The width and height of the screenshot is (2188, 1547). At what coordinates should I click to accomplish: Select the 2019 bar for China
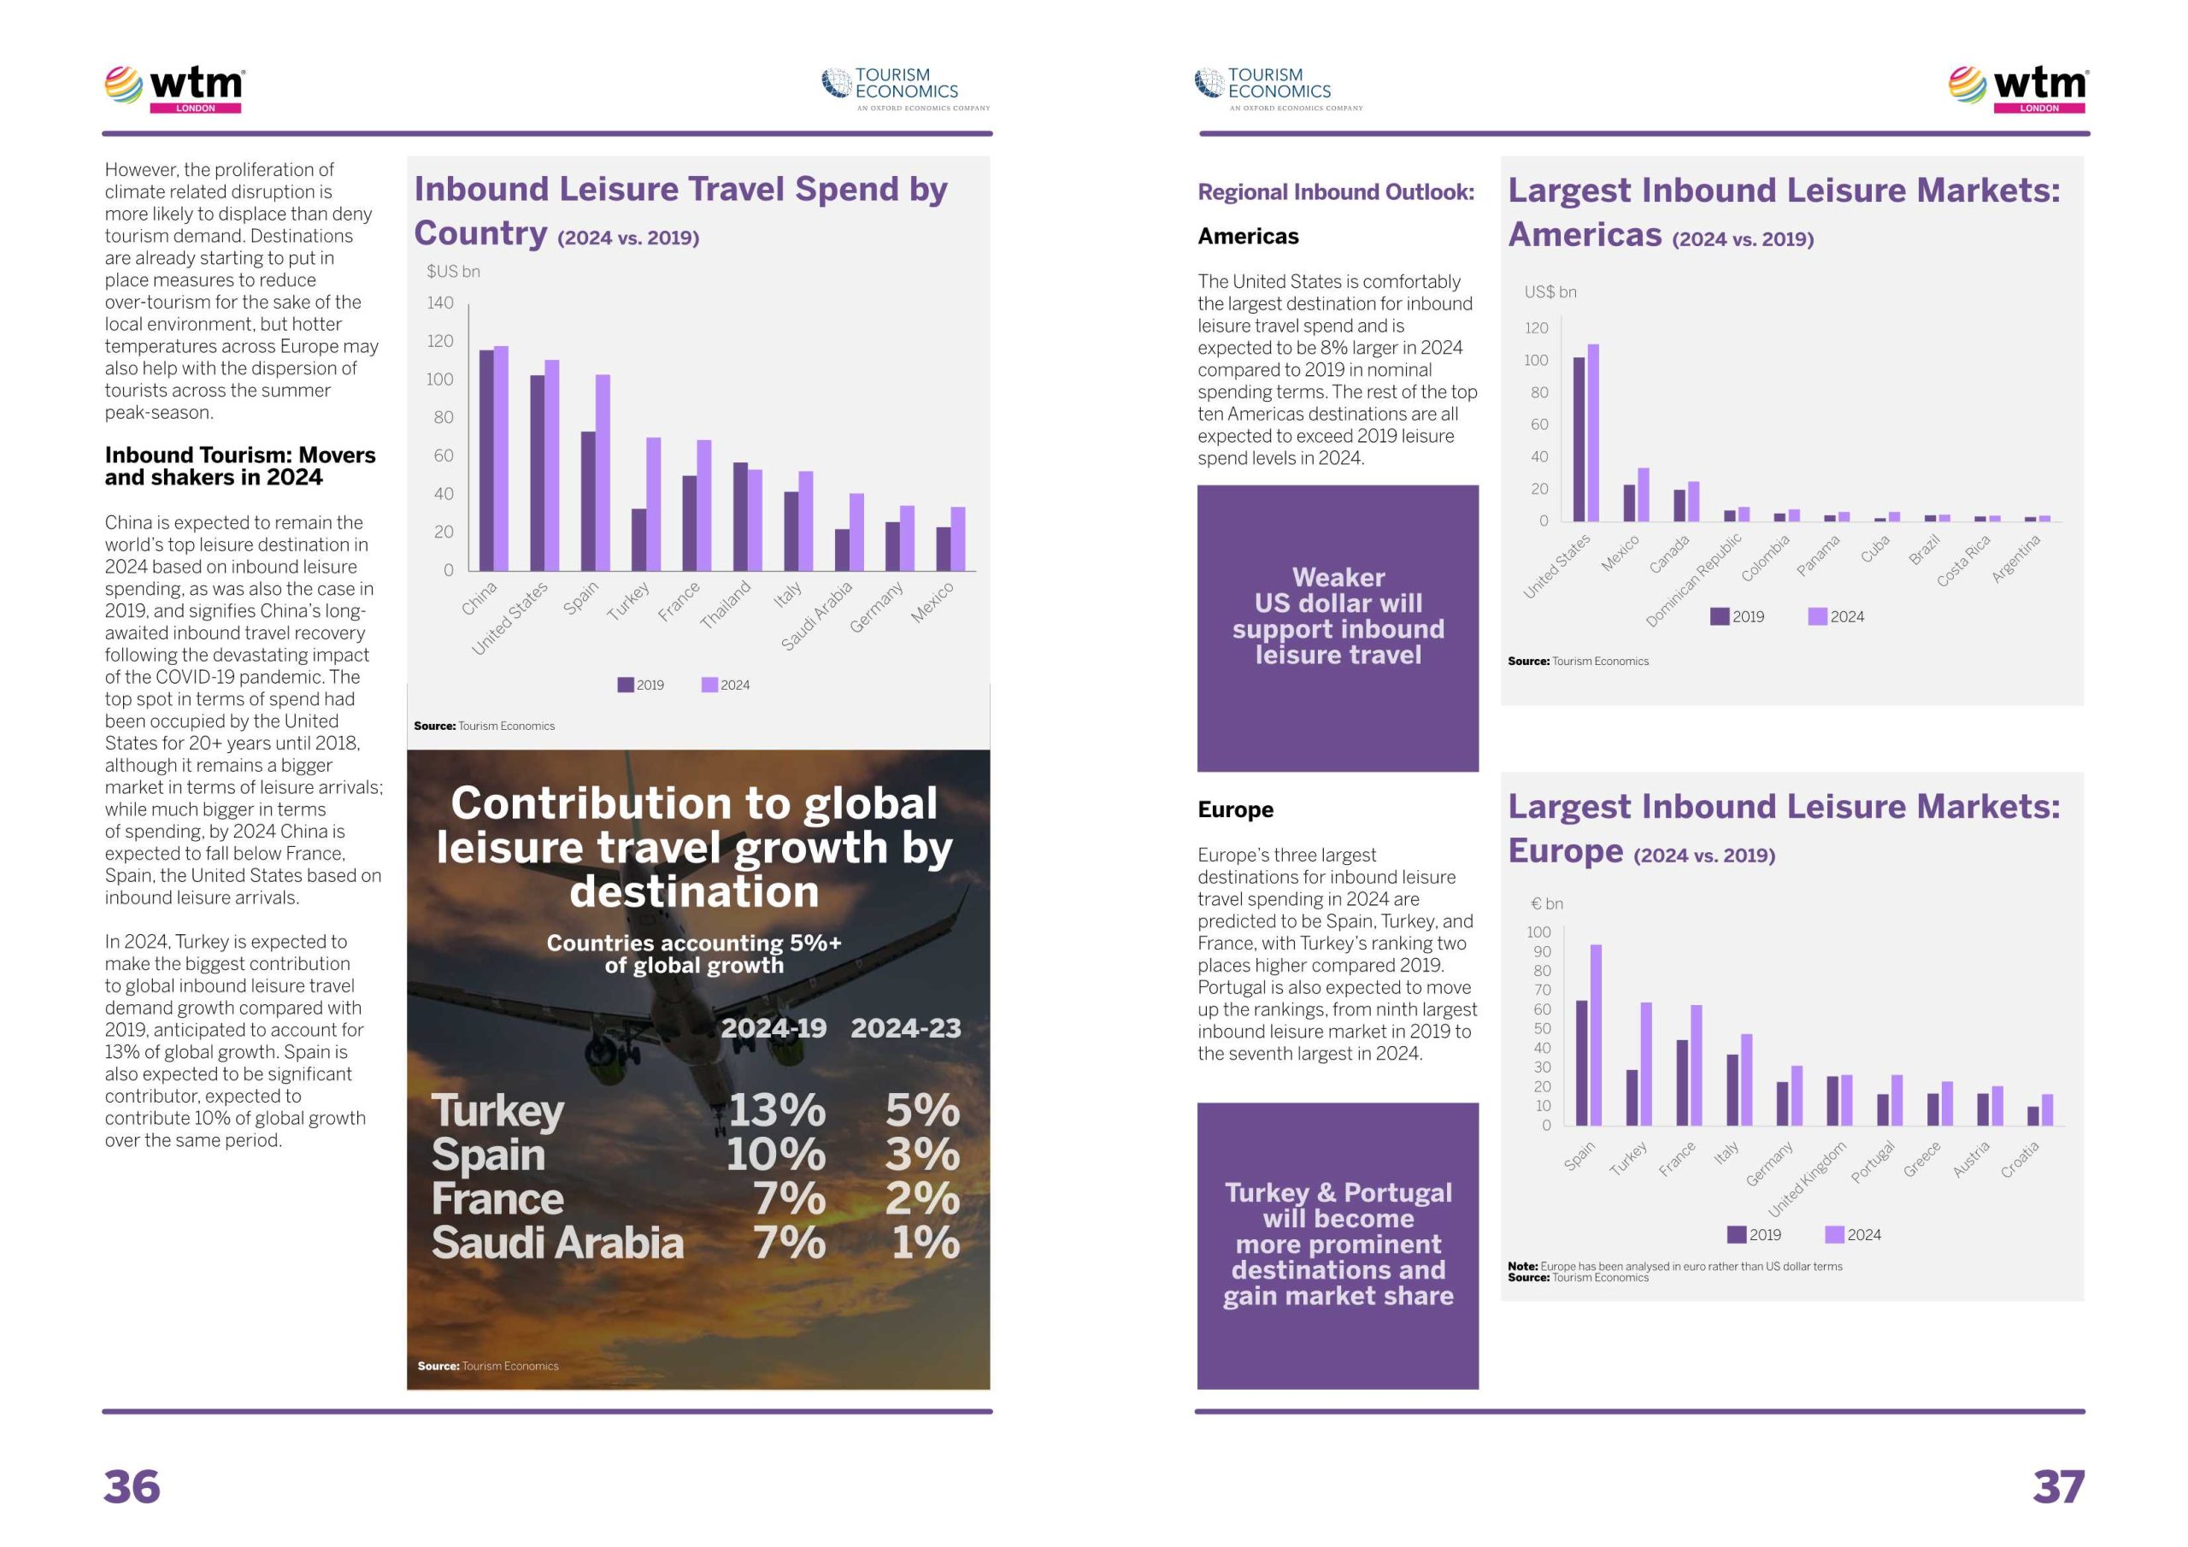(x=486, y=460)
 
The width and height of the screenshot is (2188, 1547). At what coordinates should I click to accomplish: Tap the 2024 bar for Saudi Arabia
(x=856, y=531)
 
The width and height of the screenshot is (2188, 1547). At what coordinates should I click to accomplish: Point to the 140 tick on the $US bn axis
(x=440, y=303)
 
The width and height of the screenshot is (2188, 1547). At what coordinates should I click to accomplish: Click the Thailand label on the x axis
(x=726, y=605)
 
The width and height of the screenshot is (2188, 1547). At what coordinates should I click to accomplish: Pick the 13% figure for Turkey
(x=777, y=1110)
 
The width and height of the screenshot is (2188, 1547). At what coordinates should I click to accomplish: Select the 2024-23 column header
(x=905, y=1028)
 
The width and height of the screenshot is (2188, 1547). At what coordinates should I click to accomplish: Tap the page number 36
(x=132, y=1487)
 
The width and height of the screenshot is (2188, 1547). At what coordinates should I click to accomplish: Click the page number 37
(x=2058, y=1487)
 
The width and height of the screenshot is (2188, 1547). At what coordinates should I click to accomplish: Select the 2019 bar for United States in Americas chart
(x=1579, y=439)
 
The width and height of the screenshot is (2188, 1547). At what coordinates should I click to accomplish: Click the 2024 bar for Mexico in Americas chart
(x=1643, y=495)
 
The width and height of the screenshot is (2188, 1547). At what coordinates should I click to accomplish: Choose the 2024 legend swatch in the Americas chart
(x=1817, y=617)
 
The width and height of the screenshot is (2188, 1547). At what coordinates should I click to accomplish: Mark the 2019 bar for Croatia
(x=2032, y=1115)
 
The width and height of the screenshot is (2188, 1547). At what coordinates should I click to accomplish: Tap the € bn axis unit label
(x=1547, y=903)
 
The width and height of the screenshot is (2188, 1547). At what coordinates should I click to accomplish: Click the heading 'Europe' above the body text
(x=1235, y=809)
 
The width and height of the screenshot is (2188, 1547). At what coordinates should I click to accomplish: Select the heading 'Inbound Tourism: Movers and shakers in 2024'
(x=240, y=466)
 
